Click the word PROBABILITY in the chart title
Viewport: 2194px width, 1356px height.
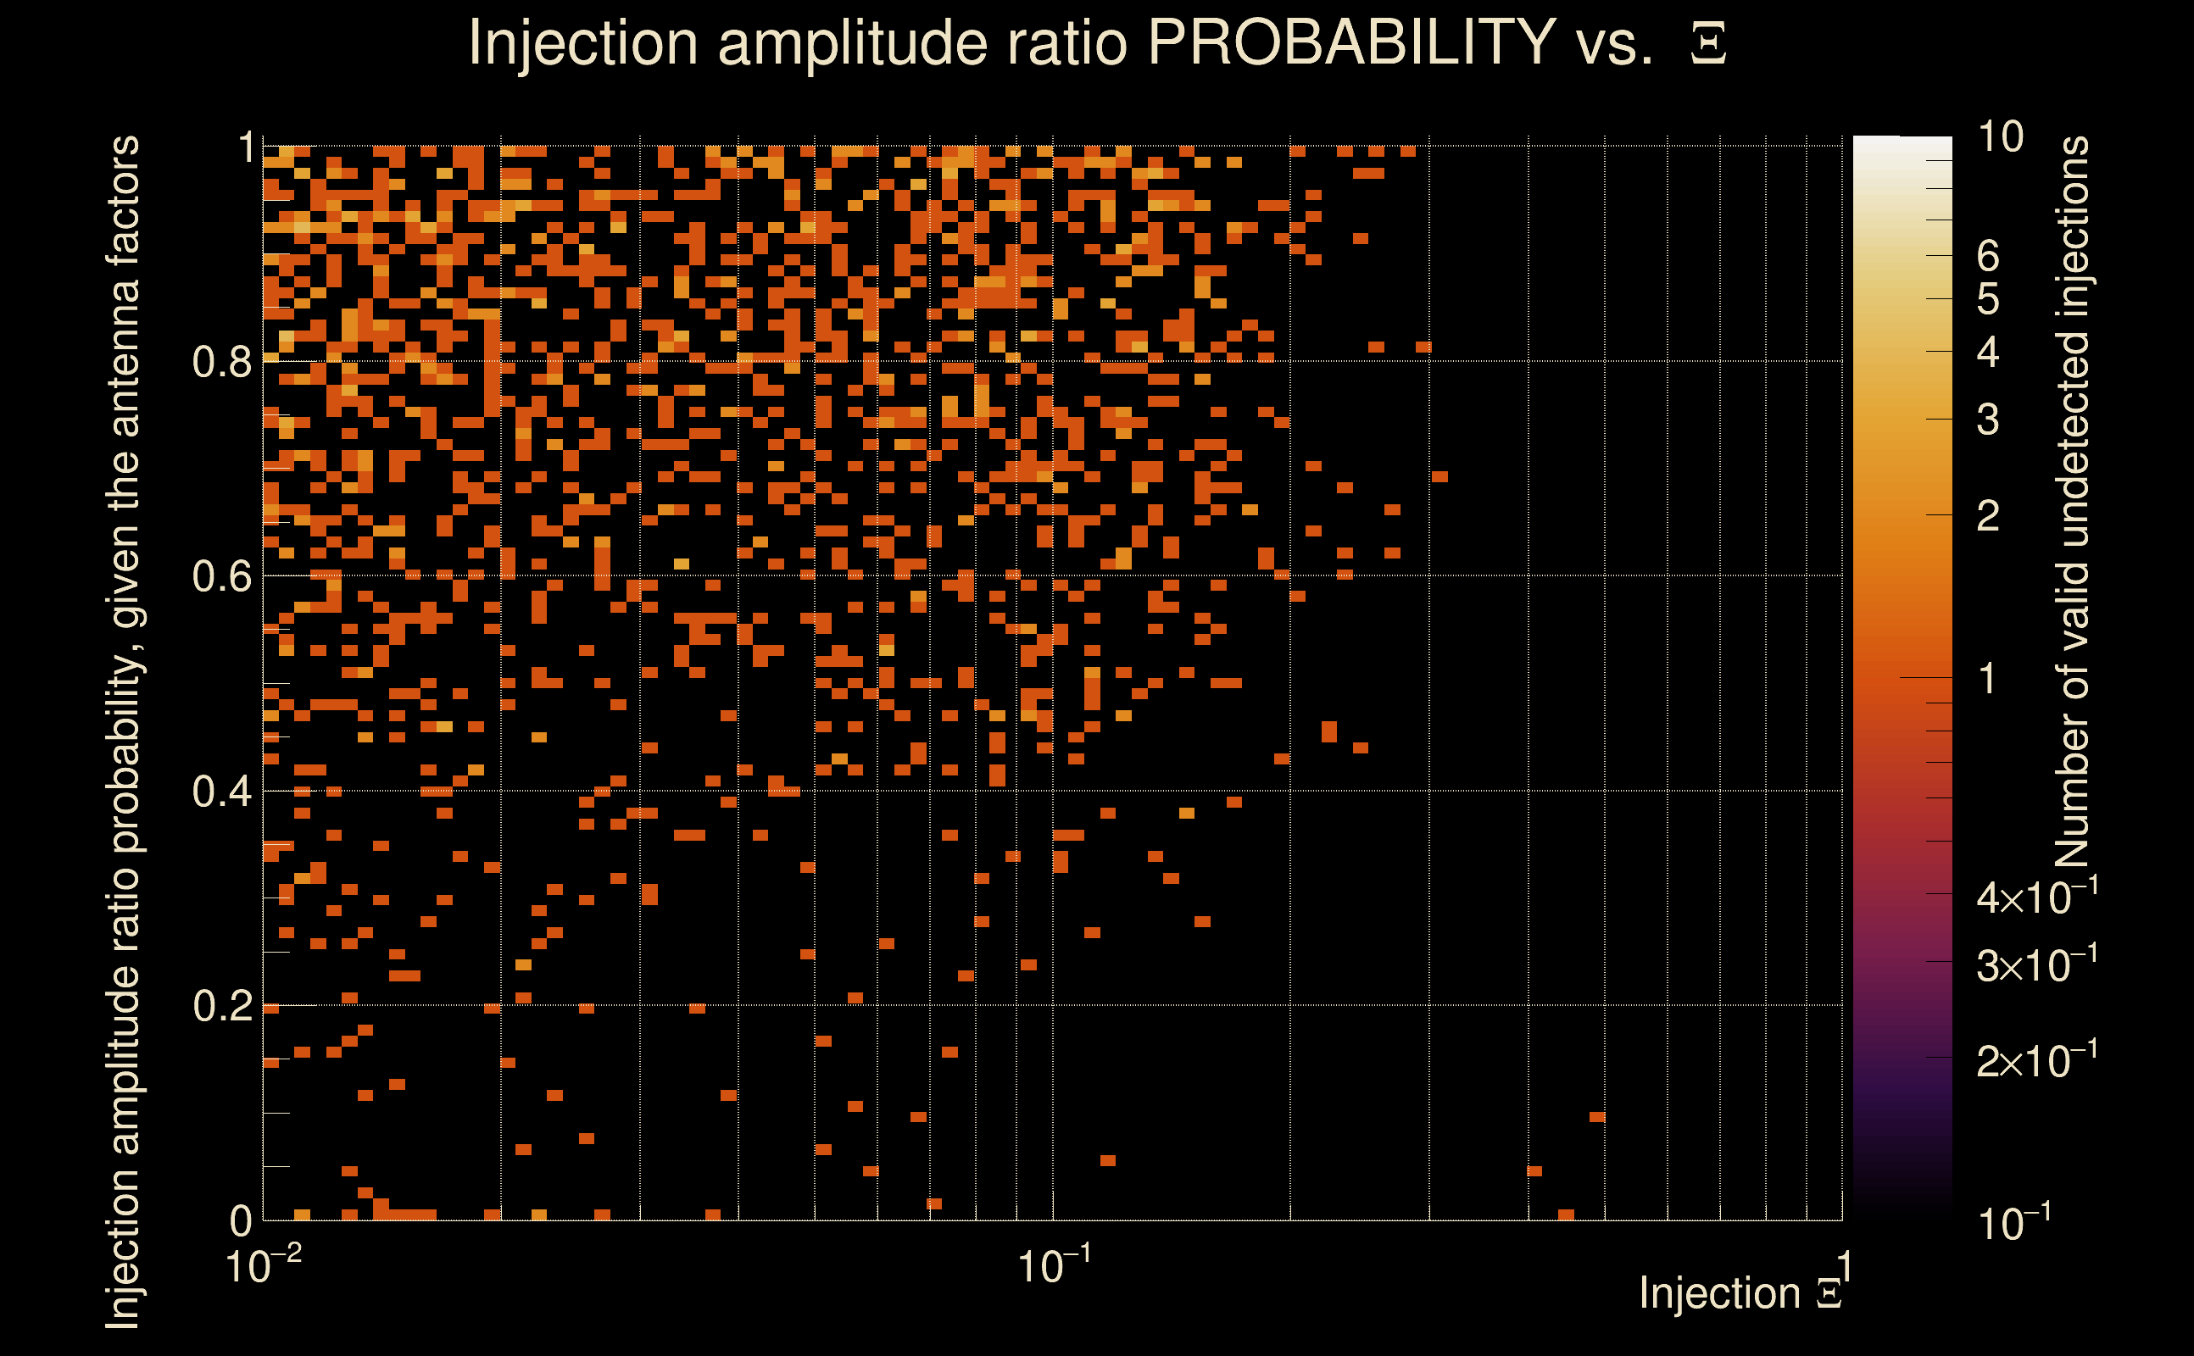click(1351, 42)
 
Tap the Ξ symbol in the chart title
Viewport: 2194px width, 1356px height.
click(1708, 44)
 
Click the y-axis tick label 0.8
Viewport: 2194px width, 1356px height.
click(223, 363)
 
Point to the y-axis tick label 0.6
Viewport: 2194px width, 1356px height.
click(223, 576)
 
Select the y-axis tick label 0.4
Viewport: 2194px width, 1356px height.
click(223, 792)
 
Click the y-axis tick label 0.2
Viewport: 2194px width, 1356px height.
click(223, 1006)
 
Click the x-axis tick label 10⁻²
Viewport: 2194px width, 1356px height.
click(263, 1264)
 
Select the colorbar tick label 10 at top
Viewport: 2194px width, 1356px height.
click(2000, 137)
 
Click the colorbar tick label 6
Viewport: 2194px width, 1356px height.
click(1988, 257)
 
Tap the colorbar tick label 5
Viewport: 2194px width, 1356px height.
click(1988, 299)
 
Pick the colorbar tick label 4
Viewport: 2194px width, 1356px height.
click(1988, 353)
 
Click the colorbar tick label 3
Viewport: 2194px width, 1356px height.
click(1988, 420)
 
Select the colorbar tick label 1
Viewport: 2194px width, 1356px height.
click(1988, 679)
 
